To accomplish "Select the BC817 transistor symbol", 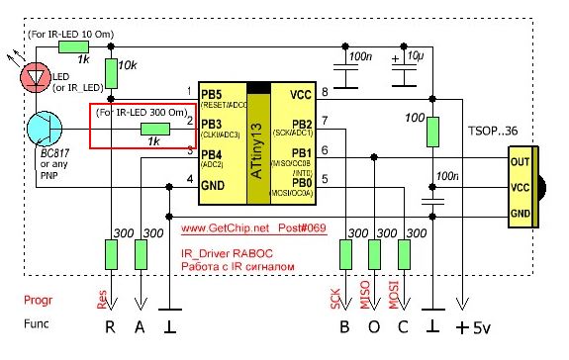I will click(x=46, y=129).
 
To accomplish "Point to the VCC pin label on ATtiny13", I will click(x=300, y=95).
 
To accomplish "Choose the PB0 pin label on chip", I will click(x=302, y=181).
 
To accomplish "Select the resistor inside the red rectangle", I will click(x=153, y=129).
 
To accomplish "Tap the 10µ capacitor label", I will click(x=416, y=55).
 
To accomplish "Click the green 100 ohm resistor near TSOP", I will click(x=432, y=130).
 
